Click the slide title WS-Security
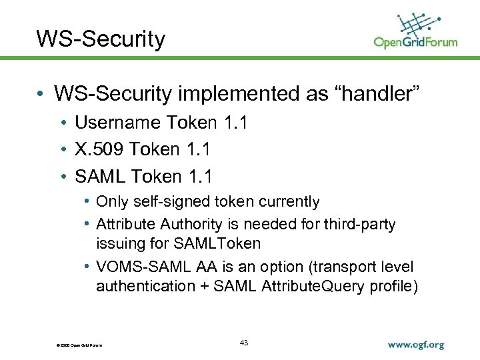pos(101,39)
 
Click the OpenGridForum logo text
pos(415,42)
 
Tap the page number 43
pos(243,343)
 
